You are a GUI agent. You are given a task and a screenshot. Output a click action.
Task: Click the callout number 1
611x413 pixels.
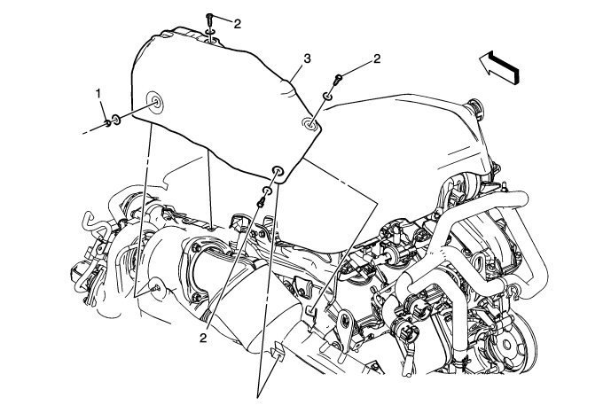pyautogui.click(x=100, y=93)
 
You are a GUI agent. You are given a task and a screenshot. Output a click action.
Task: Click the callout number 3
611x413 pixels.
pyautogui.click(x=306, y=59)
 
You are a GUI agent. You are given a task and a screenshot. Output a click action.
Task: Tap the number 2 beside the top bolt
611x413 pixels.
pyautogui.click(x=237, y=24)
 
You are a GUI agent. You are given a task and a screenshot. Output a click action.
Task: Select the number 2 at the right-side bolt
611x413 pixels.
pyautogui.click(x=377, y=59)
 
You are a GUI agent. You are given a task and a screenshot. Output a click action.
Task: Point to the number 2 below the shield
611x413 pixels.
pyautogui.click(x=204, y=338)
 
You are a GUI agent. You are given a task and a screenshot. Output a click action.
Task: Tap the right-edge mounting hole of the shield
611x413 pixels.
pyautogui.click(x=309, y=125)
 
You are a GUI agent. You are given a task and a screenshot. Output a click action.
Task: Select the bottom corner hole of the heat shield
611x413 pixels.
pyautogui.click(x=278, y=171)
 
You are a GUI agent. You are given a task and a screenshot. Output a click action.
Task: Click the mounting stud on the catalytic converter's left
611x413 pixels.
pyautogui.click(x=154, y=285)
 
